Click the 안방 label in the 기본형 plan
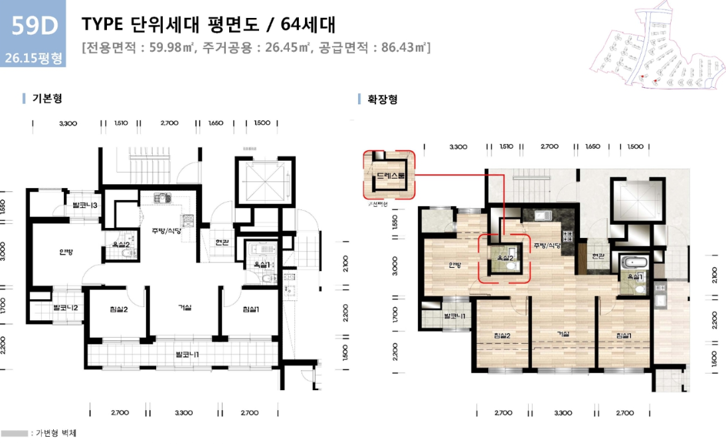coord(65,252)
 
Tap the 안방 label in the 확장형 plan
coord(454,265)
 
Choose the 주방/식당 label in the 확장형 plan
coord(547,246)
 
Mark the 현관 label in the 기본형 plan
coord(222,242)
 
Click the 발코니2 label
coord(66,307)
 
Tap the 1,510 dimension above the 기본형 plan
coord(121,123)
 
